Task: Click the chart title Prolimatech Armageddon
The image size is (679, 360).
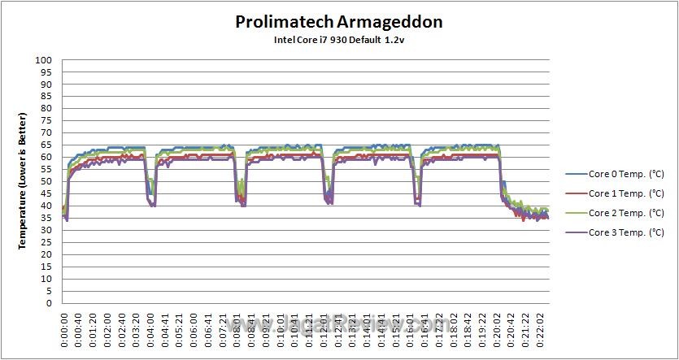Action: tap(338, 21)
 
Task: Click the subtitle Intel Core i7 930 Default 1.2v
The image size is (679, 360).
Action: tap(338, 40)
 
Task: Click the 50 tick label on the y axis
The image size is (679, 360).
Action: tap(46, 182)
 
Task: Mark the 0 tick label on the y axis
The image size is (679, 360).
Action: tap(49, 303)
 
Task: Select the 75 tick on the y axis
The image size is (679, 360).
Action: tap(46, 121)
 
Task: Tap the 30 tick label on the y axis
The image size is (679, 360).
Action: tap(46, 230)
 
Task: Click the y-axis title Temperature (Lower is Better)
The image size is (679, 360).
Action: tap(24, 180)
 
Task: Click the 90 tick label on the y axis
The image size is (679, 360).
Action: tap(46, 85)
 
